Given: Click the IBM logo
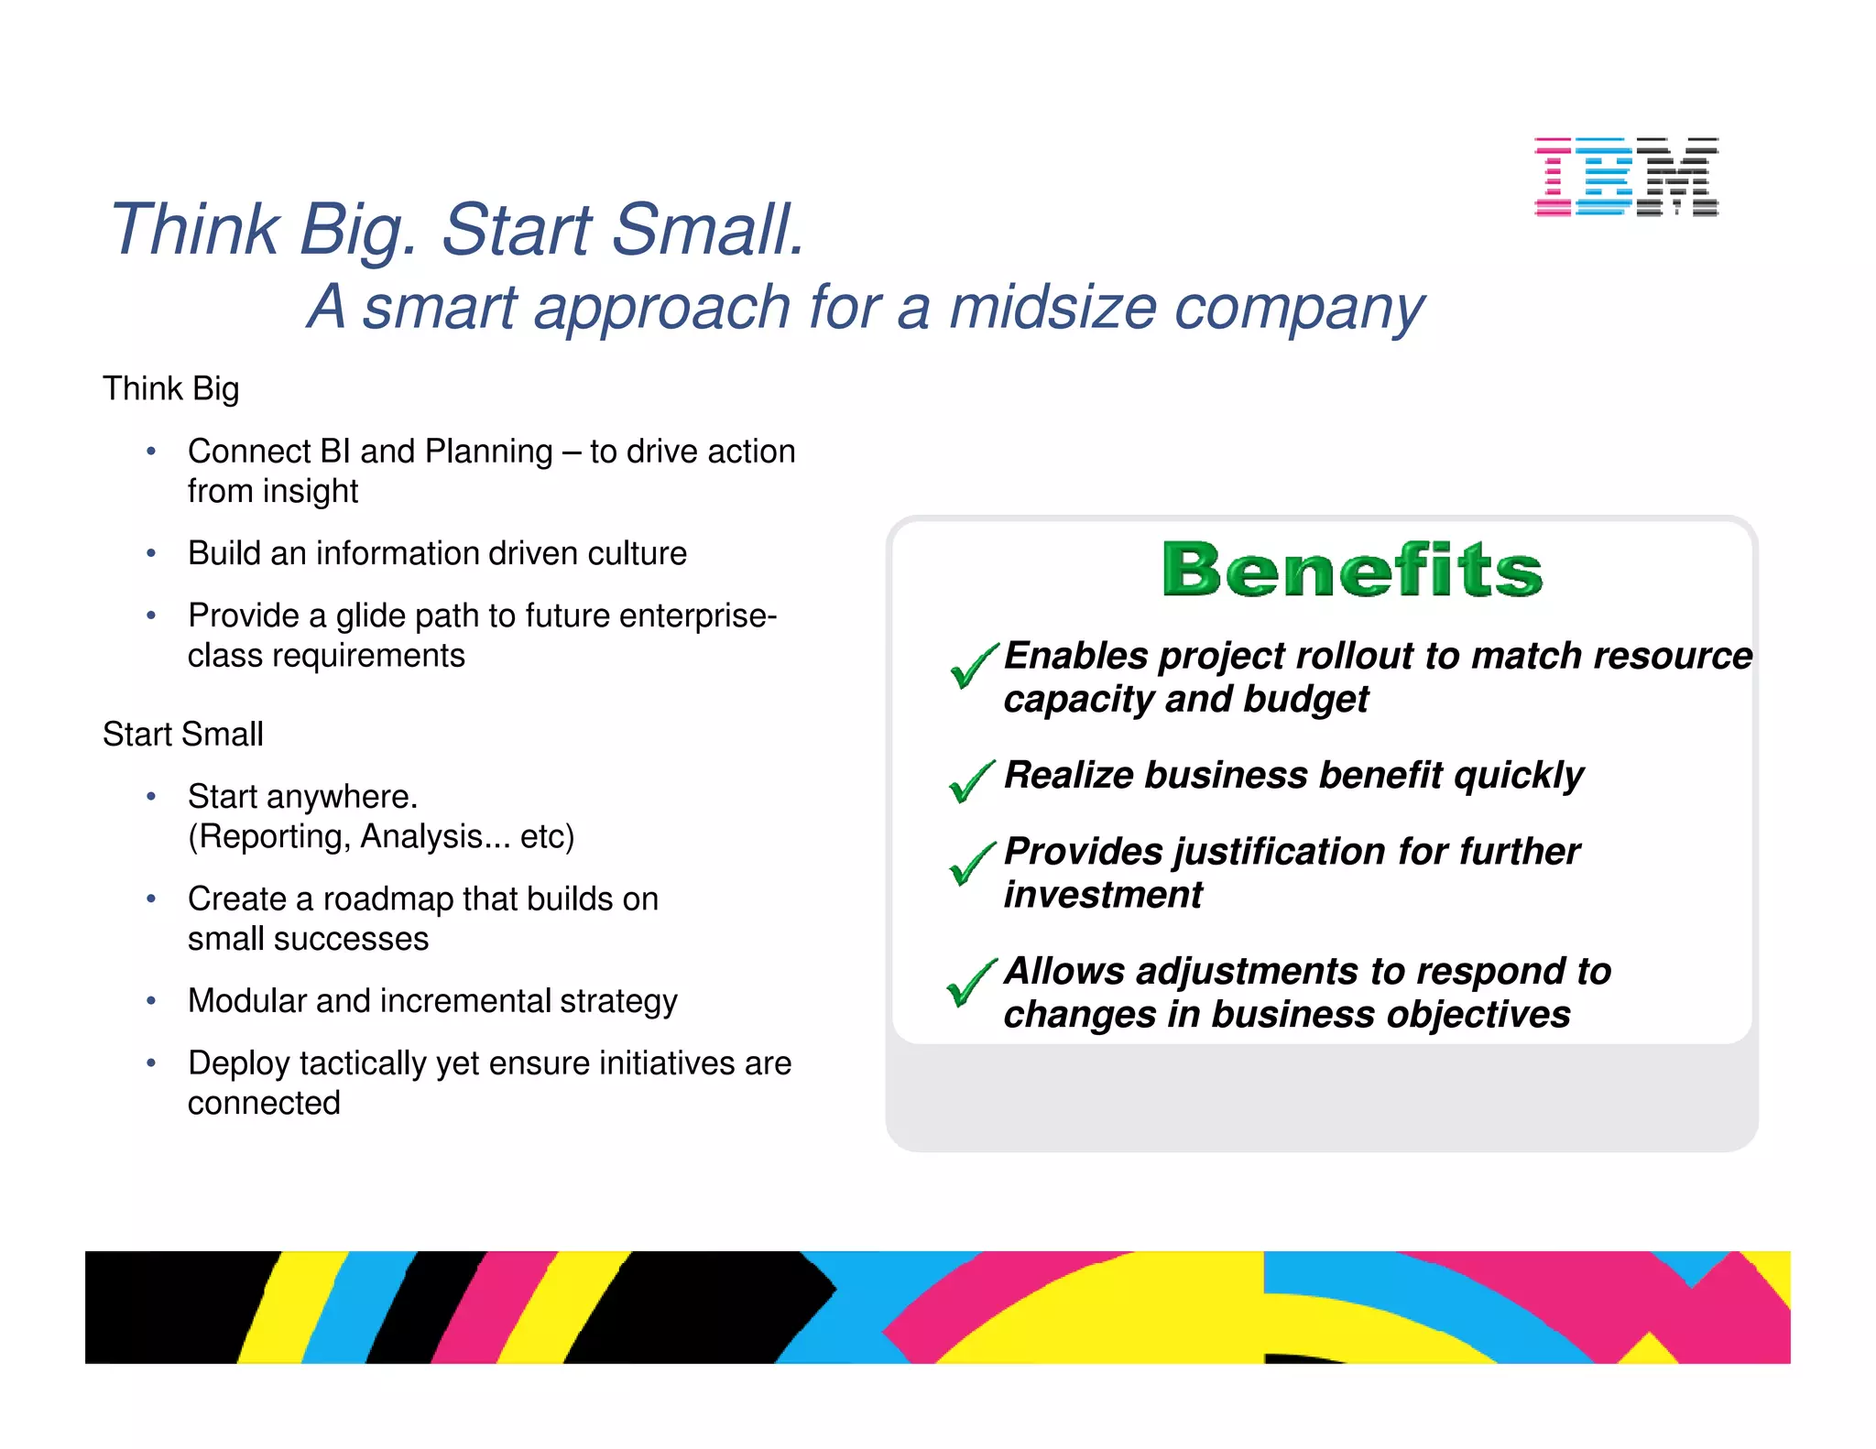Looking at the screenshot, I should [1626, 177].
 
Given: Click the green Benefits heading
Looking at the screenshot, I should [1352, 570].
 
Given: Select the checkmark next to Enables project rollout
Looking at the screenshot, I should [973, 665].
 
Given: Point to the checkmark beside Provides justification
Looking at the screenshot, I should [971, 863].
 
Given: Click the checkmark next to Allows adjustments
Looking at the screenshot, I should [970, 982].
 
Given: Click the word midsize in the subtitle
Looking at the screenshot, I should [1053, 307].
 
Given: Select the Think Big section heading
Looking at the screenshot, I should [170, 388].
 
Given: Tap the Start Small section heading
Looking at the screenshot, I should [182, 734].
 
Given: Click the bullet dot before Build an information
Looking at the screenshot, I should [151, 553].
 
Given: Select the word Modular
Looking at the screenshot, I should [246, 1000].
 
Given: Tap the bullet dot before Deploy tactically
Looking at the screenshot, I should [151, 1062].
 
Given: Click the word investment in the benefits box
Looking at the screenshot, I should [1102, 895].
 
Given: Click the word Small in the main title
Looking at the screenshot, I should [707, 229].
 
